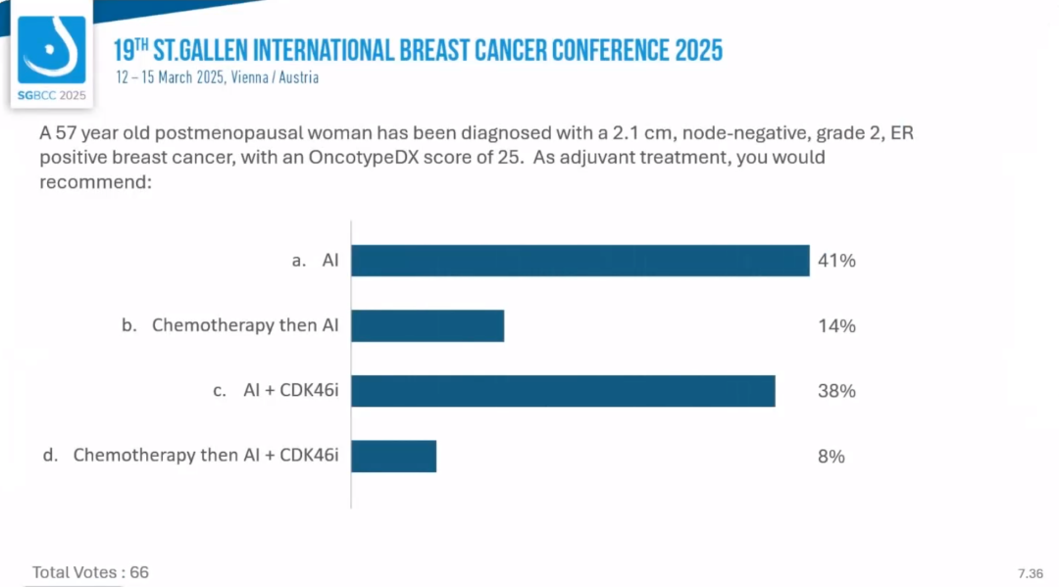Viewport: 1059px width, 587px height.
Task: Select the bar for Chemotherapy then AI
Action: pos(428,325)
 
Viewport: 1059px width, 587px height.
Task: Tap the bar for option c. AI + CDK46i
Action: pos(563,391)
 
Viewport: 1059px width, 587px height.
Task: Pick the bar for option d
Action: pos(393,456)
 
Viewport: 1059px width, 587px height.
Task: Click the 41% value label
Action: pos(836,261)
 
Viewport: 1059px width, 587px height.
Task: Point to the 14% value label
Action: pos(836,326)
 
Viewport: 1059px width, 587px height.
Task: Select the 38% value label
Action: pos(836,391)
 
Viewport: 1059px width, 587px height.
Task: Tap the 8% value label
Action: pos(832,456)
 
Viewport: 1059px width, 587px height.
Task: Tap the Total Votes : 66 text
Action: pos(90,572)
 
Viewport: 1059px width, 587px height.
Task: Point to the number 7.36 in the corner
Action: pos(1031,572)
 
